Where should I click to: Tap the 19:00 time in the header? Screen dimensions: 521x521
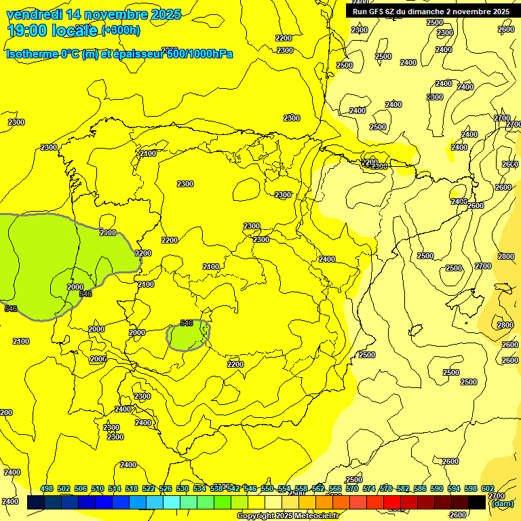(26, 31)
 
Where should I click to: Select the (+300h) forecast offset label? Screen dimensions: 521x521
(120, 31)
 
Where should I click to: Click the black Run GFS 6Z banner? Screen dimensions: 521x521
(431, 12)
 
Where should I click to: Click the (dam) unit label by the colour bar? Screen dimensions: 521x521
(502, 503)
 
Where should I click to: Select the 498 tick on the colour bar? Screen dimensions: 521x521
(47, 488)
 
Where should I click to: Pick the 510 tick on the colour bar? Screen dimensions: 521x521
(98, 488)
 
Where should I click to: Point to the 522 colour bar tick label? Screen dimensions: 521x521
(149, 488)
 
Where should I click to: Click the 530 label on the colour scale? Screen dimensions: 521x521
(182, 488)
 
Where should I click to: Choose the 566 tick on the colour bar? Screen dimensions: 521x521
(335, 488)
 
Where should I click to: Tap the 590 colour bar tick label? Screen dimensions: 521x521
(437, 488)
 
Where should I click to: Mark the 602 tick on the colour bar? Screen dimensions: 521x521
(488, 488)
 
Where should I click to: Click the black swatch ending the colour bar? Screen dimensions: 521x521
(477, 502)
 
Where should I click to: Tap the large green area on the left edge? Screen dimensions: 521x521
(41, 265)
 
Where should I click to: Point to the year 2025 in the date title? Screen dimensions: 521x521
(166, 14)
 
